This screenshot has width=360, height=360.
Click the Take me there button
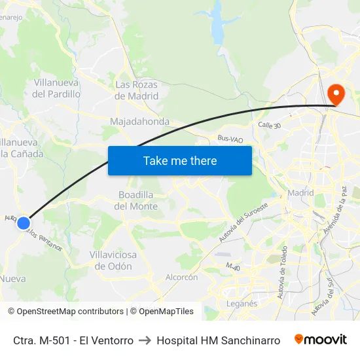point(180,160)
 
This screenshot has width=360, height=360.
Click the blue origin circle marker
point(24,223)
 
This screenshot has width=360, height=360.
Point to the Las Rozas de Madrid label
point(137,90)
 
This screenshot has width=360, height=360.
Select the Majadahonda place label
point(139,122)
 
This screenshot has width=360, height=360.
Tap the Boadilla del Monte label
point(137,200)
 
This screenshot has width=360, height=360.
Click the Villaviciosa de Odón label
point(113,261)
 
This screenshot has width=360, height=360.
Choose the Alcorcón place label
point(181,278)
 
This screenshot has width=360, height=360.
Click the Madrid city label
point(301,193)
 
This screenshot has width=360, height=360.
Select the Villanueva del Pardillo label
point(56,88)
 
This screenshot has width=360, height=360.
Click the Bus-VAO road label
point(230,139)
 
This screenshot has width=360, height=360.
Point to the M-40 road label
point(232,266)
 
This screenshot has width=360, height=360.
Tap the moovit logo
point(321,340)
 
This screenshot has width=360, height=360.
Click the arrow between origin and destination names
point(145,340)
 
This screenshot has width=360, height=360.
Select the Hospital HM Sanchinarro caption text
point(219,340)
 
